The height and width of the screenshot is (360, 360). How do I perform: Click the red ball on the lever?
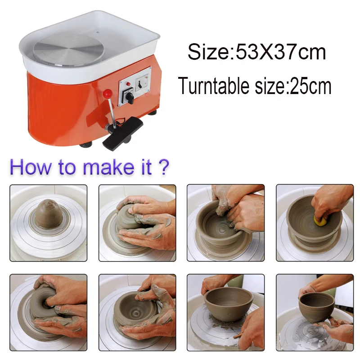coord(108,94)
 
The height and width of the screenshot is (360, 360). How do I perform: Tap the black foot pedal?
coord(122,133)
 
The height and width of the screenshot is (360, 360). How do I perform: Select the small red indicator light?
coord(128,84)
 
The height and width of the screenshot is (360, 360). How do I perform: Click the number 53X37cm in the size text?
coord(281,52)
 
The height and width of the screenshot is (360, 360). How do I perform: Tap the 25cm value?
coord(310,86)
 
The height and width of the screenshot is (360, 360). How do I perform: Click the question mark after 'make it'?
coord(164,167)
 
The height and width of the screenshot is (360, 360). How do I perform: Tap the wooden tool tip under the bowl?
coord(237,337)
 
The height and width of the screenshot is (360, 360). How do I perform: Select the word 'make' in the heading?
coord(108,167)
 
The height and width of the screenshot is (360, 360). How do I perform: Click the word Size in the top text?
coord(209,52)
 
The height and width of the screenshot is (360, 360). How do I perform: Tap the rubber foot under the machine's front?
coord(86,144)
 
